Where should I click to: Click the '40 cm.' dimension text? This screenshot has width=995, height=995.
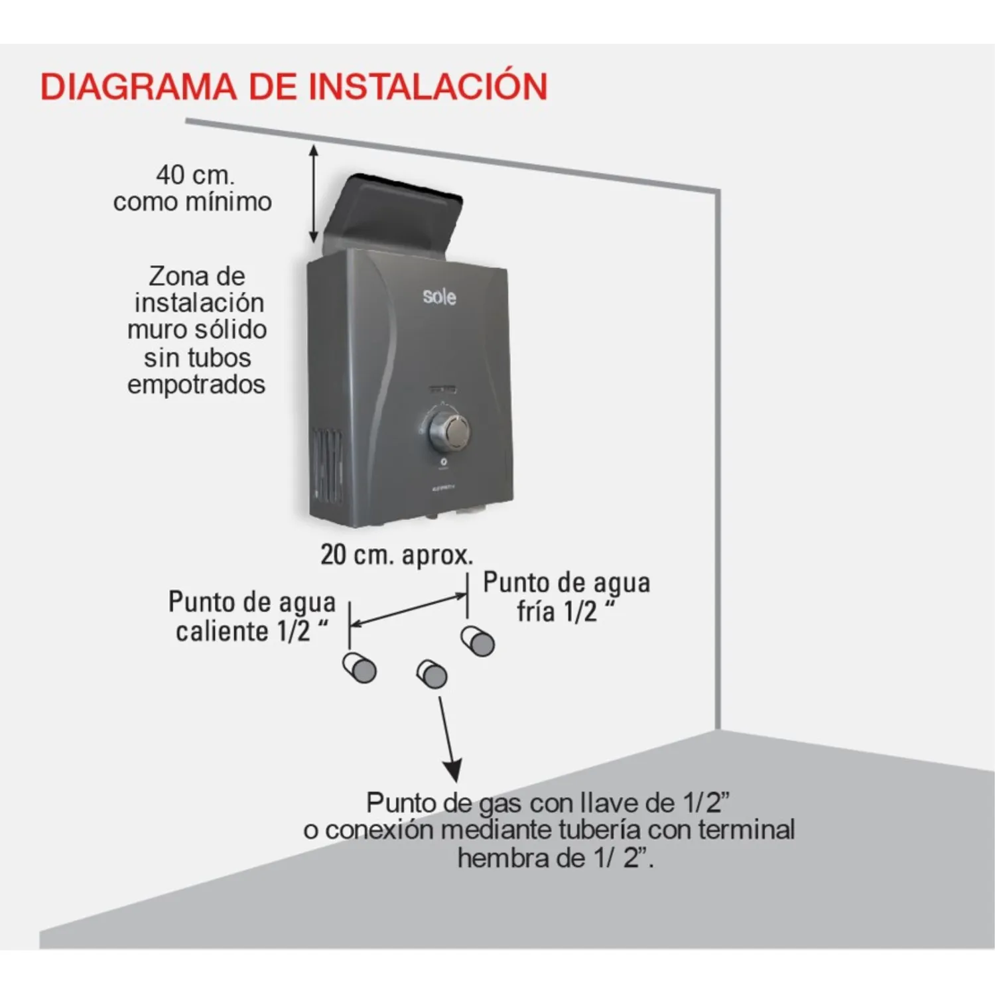(195, 175)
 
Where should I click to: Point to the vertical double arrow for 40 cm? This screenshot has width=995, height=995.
(314, 194)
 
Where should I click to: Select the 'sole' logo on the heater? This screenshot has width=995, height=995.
(439, 296)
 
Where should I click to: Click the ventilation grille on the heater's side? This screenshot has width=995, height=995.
(328, 466)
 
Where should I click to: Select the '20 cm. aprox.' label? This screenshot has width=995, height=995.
(397, 555)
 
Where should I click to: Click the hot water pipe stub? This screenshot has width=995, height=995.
(360, 667)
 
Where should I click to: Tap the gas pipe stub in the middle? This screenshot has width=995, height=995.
(432, 674)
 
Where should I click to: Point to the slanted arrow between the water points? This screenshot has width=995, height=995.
(408, 610)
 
